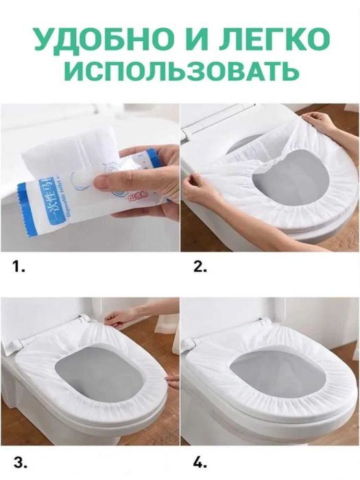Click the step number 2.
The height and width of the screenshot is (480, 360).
(x=200, y=267)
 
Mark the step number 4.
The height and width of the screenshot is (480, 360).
(x=200, y=459)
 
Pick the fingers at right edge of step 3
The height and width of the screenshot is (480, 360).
(x=172, y=381)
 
